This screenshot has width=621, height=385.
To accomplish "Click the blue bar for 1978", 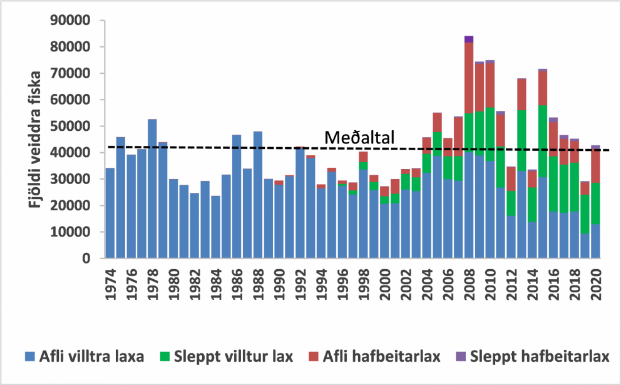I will [x=152, y=188].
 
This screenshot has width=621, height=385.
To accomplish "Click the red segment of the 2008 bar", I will [x=468, y=78].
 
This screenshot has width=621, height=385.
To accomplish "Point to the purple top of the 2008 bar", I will [x=468, y=39].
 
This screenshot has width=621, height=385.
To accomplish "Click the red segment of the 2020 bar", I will [x=595, y=167].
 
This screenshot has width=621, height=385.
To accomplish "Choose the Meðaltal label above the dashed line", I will [x=359, y=138].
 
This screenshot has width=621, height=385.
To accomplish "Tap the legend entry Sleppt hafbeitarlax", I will [x=539, y=357].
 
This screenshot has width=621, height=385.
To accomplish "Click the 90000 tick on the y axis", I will [x=73, y=21].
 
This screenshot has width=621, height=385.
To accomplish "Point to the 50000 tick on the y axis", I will [x=73, y=126].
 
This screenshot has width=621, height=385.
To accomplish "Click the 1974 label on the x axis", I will [x=110, y=279].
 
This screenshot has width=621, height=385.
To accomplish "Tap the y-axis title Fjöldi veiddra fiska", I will [x=36, y=139].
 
